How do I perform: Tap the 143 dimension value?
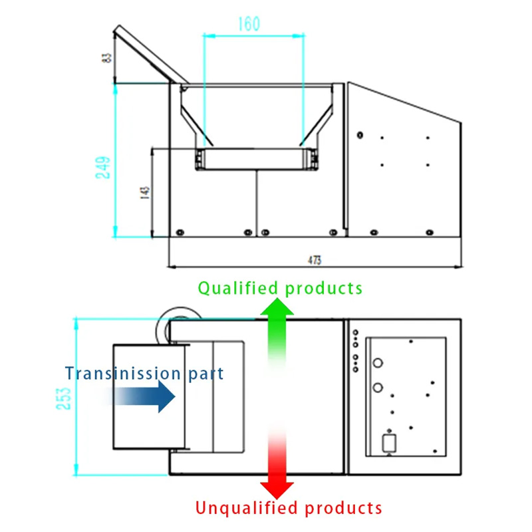tap(145, 194)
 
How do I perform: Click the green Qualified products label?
tap(280, 288)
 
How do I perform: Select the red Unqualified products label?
tap(289, 509)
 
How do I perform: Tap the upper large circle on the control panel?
tap(378, 363)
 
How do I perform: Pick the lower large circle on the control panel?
tap(378, 387)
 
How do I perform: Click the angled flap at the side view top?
tap(147, 54)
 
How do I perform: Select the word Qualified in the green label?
tap(237, 288)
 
